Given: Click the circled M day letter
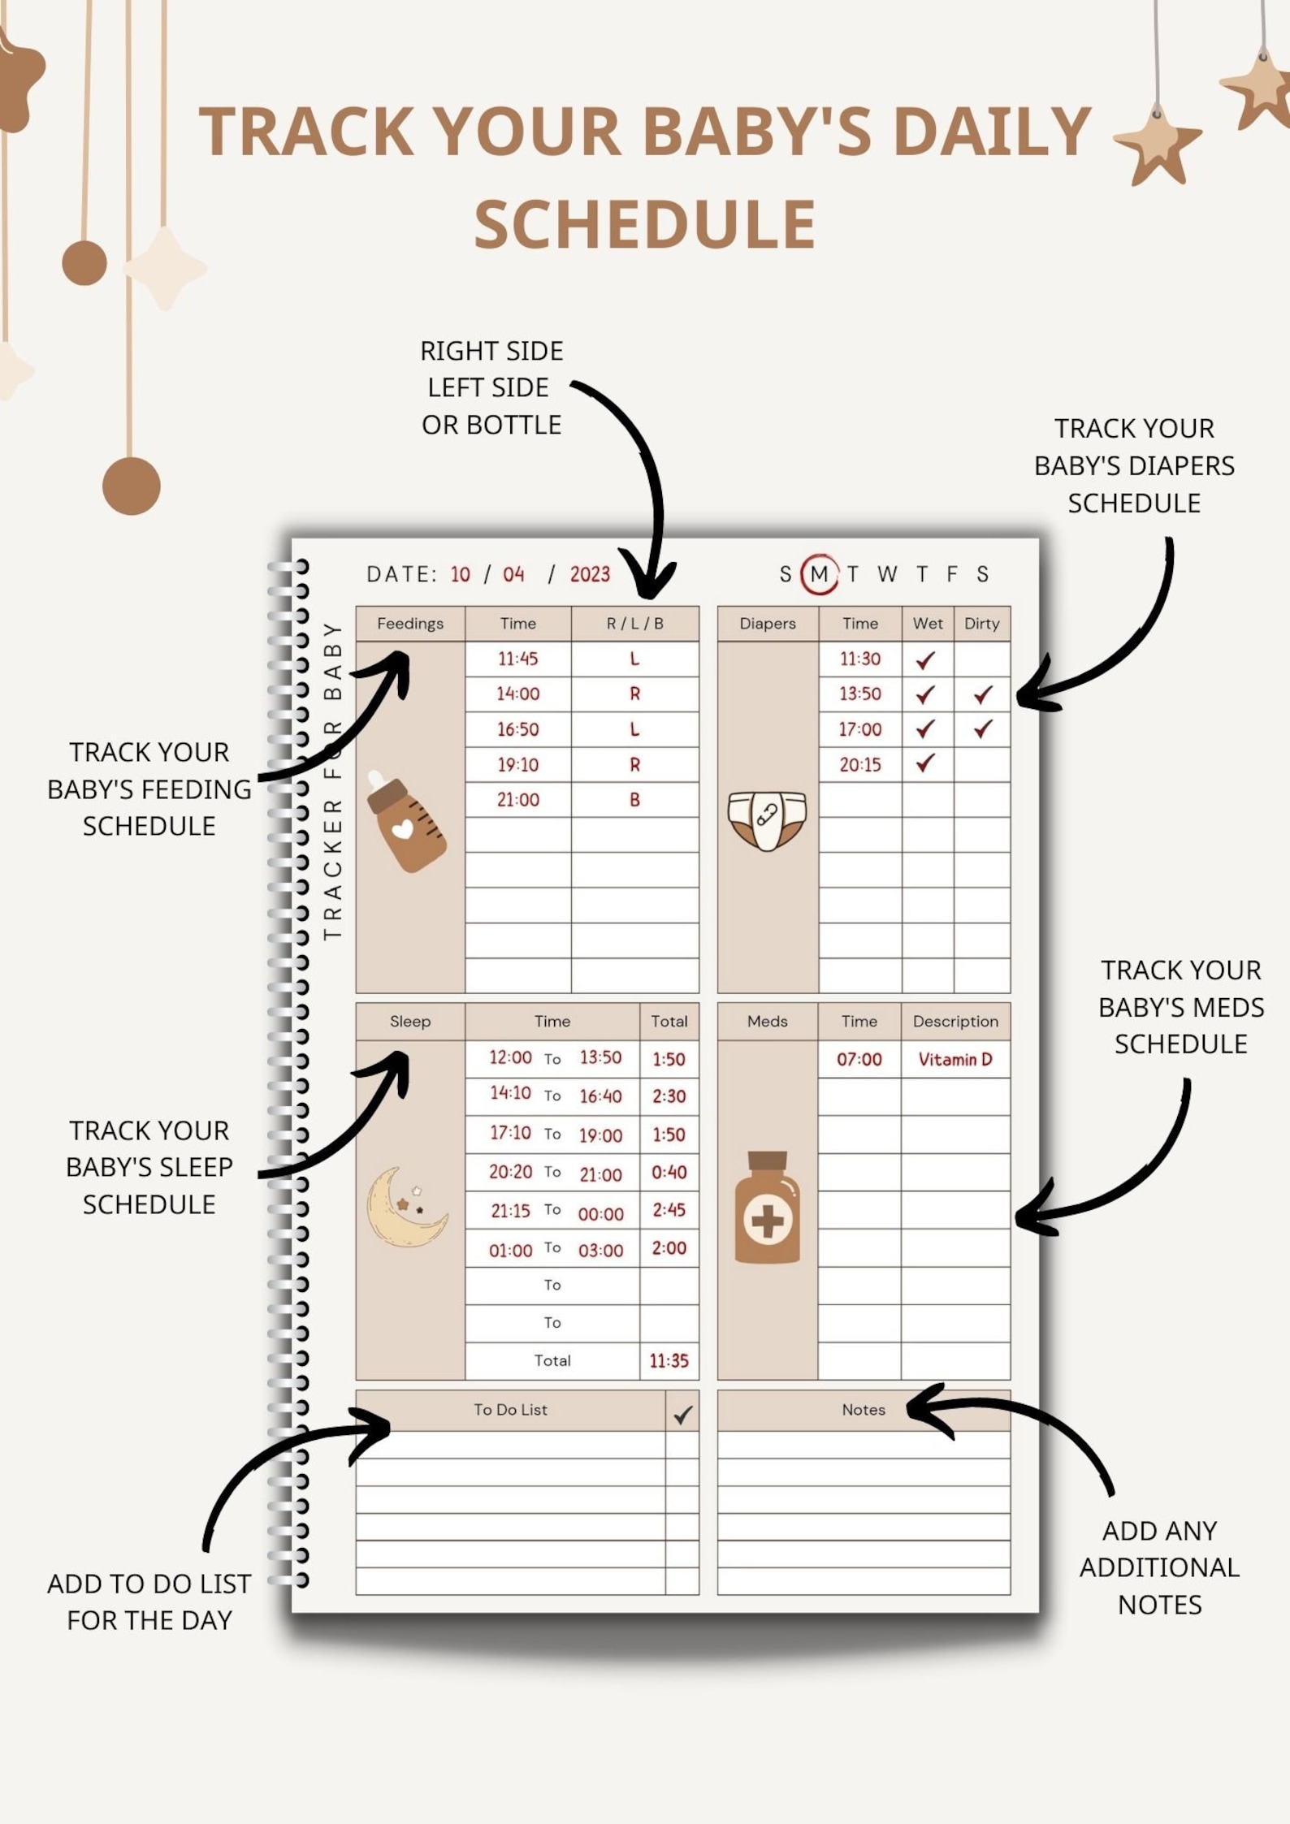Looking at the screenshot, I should pos(819,574).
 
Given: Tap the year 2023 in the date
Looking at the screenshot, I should pos(590,575).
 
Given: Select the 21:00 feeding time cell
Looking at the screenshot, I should pos(518,800).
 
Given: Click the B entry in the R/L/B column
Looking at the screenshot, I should pos(634,800).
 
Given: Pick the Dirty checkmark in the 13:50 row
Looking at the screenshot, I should pos(983,694).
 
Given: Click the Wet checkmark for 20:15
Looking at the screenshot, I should pos(925,763).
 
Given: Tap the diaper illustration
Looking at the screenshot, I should pos(767,820).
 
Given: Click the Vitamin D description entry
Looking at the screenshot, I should pos(955,1059).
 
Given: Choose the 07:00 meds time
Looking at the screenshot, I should pos(859,1059).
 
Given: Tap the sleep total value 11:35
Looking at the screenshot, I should pos(669,1361).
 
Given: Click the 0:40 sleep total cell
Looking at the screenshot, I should pos(669,1172).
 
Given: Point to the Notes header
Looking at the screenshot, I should pos(864,1410).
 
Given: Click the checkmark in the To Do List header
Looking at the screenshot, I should pos(682,1416).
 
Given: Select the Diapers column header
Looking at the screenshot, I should pos(768,624).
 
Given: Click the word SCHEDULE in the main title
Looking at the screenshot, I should pos(645,224).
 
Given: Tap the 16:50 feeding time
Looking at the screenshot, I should pos(518,729).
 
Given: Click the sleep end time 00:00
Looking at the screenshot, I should pos(600,1214).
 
